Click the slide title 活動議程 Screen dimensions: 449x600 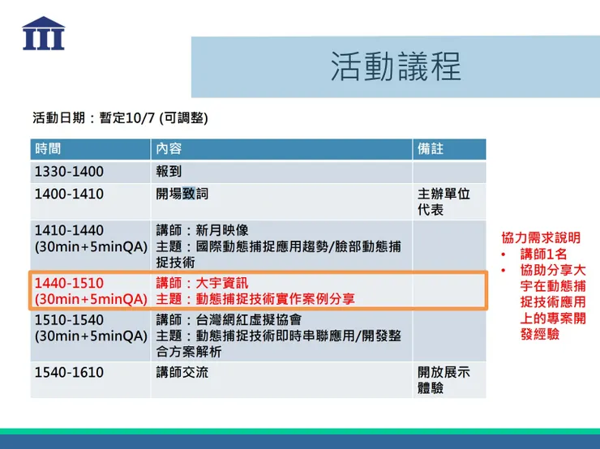pos(395,67)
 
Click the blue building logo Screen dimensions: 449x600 pos(44,34)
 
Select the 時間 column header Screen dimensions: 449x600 pos(48,149)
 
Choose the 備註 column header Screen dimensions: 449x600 pos(431,149)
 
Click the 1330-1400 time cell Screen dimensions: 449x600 pos(69,172)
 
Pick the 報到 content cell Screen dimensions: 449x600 pos(169,172)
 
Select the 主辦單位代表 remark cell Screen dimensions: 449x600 pos(444,202)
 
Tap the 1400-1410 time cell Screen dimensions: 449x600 pos(69,195)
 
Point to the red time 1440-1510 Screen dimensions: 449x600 pos(69,283)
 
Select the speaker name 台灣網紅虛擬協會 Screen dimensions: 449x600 pos(240,319)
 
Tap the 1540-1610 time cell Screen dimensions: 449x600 pos(69,373)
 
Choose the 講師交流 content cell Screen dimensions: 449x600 pos(182,373)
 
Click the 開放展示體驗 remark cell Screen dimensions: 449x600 pos(444,380)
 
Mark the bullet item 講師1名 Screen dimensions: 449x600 pos(544,254)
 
